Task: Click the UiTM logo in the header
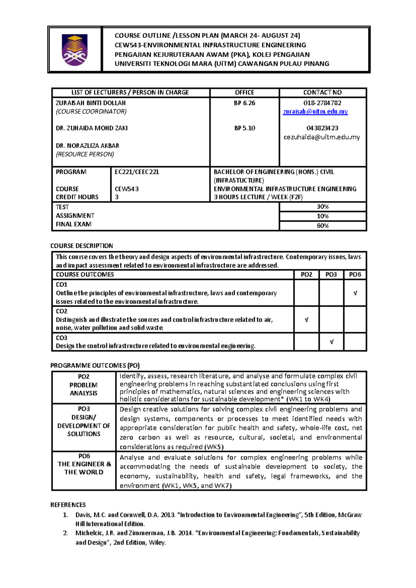pos(75,50)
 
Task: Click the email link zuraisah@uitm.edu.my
pos(315,111)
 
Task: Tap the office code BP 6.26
pos(244,103)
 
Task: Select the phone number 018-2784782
pos(322,103)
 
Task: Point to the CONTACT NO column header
pos(322,93)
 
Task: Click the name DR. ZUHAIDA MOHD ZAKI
pos(92,128)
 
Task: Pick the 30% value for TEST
pos(322,207)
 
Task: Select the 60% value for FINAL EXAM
pos(322,226)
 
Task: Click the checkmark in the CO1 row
pos(355,293)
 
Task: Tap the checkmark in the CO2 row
pos(306,320)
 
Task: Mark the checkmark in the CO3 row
pos(331,342)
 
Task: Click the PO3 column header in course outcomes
pos(331,275)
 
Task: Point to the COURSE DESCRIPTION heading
pos(81,246)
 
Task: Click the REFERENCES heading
pos(68,505)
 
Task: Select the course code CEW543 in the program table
pos(127,189)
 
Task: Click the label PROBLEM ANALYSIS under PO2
pos(84,389)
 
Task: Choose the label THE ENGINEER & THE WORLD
pos(84,468)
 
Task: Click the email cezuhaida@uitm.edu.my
pos(322,137)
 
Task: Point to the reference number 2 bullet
pos(65,533)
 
